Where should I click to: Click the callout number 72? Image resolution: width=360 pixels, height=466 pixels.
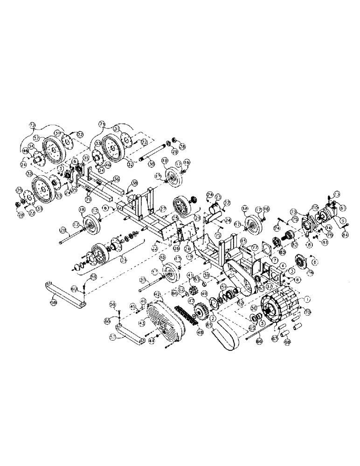pos(32,125)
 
